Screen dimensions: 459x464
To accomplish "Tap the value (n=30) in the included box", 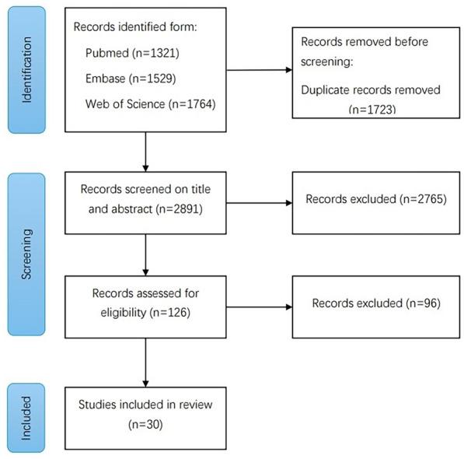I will [x=145, y=426].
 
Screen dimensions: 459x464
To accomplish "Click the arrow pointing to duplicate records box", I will [x=259, y=70].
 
